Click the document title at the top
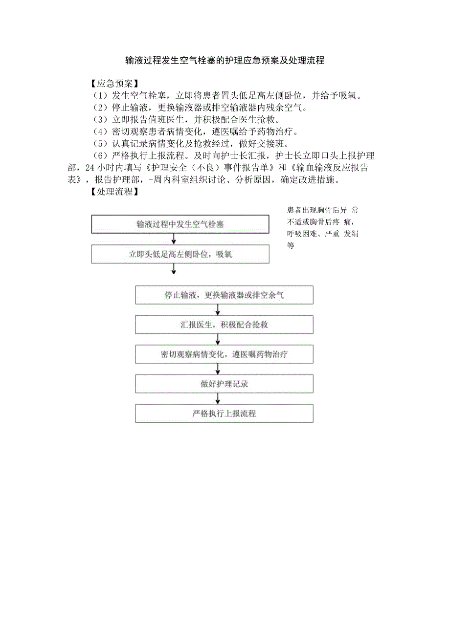click(x=225, y=61)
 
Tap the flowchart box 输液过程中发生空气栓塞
click(x=180, y=224)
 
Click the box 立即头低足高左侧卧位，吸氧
click(x=180, y=254)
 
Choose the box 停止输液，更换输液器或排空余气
click(x=224, y=295)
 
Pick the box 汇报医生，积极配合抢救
click(x=224, y=325)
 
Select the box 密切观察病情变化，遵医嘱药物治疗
click(x=224, y=354)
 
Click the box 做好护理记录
click(x=224, y=384)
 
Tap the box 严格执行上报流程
click(x=224, y=414)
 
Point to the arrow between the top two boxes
click(x=174, y=239)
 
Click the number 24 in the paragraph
click(x=90, y=168)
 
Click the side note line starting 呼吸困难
click(x=323, y=234)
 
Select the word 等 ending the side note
click(x=291, y=246)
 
